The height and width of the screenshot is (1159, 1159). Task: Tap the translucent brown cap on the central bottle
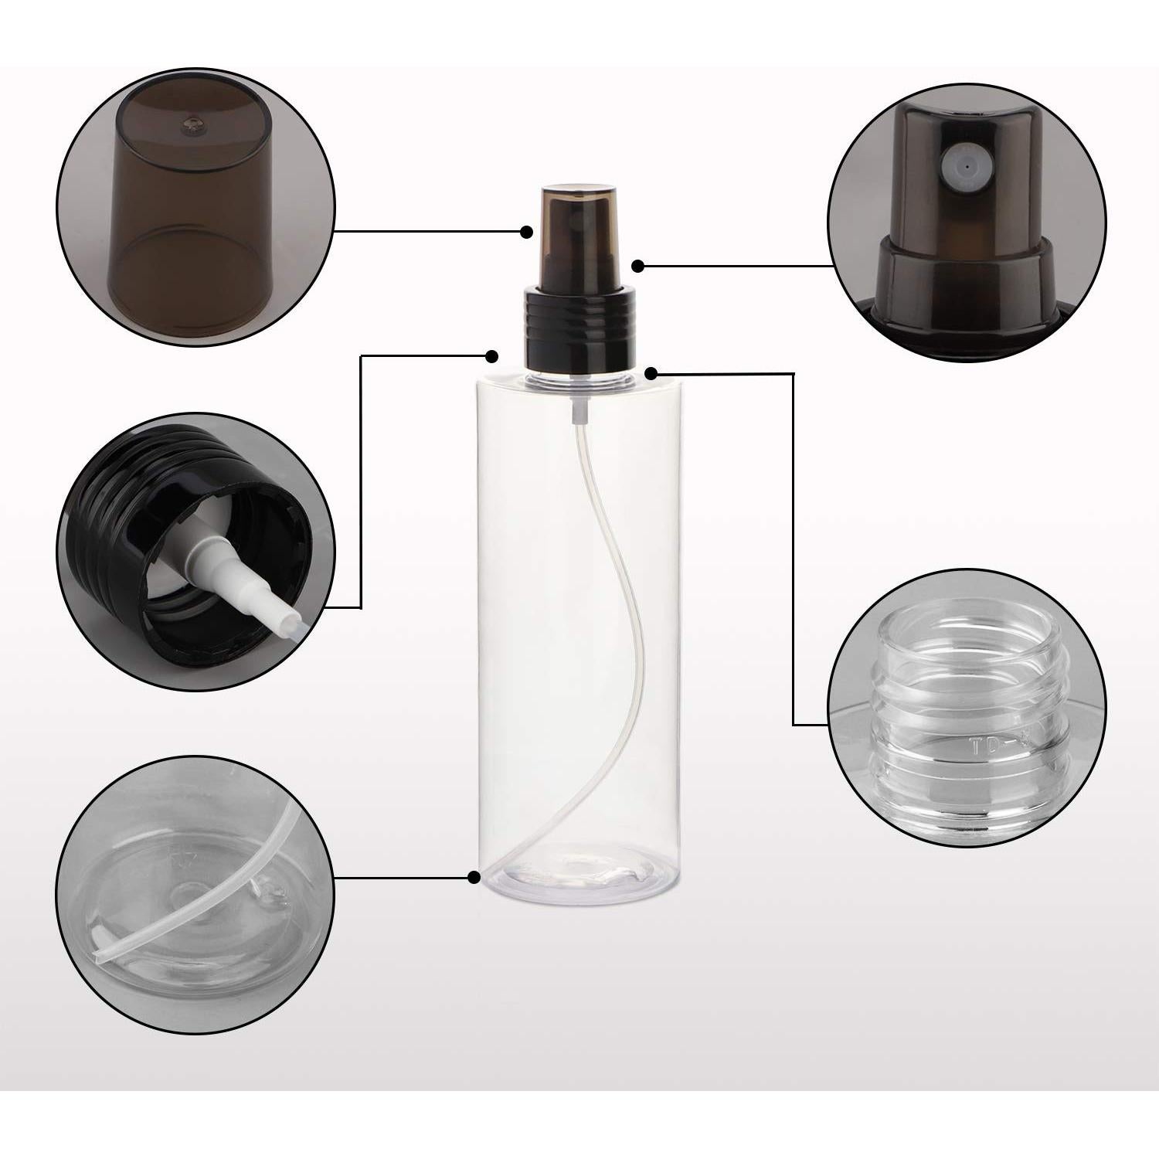[579, 232]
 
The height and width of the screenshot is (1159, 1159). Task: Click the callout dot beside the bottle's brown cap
[527, 232]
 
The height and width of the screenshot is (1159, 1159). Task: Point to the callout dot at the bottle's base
[474, 876]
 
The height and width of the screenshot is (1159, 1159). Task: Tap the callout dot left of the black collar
[491, 356]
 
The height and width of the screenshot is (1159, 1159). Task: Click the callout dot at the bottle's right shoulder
[651, 374]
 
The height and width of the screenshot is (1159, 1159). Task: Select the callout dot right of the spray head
[637, 266]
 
